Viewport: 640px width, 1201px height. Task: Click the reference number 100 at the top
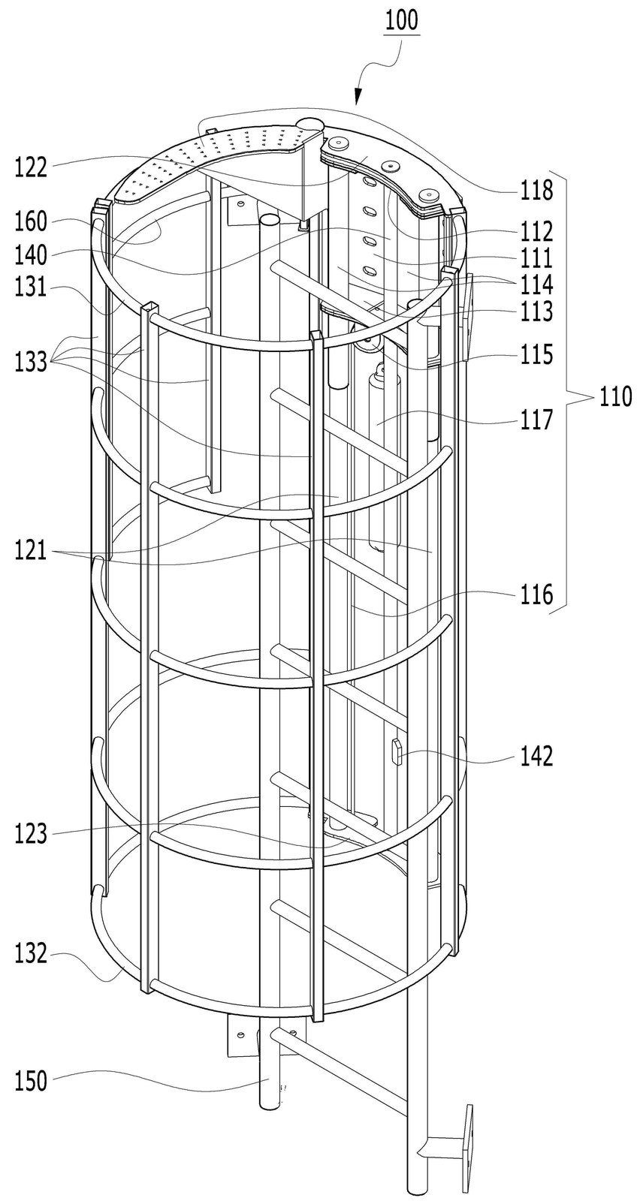click(401, 21)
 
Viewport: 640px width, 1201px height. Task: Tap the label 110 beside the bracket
click(615, 398)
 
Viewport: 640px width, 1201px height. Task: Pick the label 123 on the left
click(32, 835)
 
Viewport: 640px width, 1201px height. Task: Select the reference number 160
click(32, 221)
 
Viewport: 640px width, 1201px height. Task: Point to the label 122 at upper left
click(32, 169)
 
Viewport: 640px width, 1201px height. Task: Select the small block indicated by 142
click(397, 751)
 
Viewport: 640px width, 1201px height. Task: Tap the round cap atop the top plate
click(311, 124)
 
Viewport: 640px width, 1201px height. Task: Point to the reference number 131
click(32, 287)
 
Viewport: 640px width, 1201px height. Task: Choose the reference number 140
click(32, 254)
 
